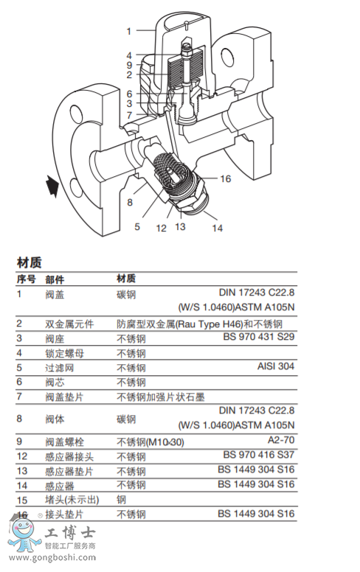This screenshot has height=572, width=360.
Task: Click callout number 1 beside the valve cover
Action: click(128, 31)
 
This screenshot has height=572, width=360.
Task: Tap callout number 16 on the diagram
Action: click(226, 179)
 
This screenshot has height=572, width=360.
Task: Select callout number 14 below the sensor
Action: click(217, 229)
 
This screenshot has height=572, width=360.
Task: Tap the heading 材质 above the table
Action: click(30, 262)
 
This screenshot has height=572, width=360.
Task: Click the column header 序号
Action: click(27, 279)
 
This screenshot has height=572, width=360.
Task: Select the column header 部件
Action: click(55, 279)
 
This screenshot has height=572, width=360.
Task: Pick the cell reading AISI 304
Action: click(275, 366)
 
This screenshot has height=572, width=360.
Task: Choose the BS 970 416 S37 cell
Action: click(258, 455)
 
